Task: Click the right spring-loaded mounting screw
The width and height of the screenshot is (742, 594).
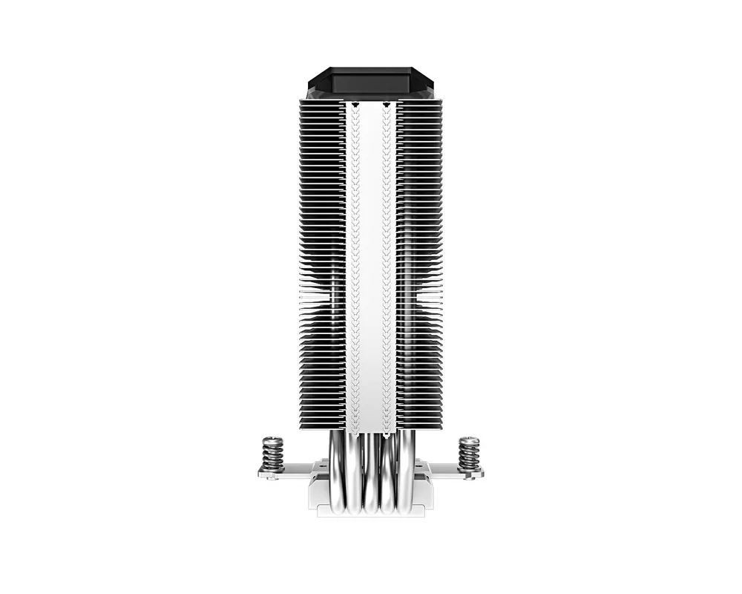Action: click(469, 454)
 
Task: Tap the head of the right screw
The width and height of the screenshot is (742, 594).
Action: click(469, 440)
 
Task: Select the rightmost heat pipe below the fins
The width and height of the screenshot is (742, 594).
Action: click(406, 475)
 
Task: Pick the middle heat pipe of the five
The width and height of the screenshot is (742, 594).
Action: click(370, 475)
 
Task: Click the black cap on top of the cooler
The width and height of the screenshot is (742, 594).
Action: click(371, 83)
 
